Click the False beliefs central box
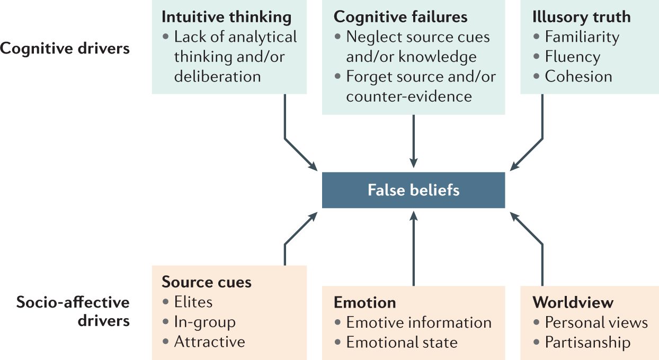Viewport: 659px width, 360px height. pos(413,190)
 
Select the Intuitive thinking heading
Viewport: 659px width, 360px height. pos(226,17)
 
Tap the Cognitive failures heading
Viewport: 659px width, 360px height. pos(400,17)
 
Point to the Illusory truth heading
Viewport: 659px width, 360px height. pos(581,17)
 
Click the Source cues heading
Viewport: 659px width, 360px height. pos(207,282)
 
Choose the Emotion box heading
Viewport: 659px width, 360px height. pos(364,302)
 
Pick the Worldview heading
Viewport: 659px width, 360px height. pos(573,302)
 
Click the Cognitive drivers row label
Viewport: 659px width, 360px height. pos(65,49)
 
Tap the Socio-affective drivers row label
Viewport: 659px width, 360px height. pos(73,311)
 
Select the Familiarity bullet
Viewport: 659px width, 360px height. pos(582,37)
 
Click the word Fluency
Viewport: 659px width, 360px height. pos(572,57)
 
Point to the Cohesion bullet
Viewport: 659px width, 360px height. pos(578,76)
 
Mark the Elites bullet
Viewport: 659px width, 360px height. pos(193,302)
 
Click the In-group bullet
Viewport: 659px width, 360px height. pos(204,322)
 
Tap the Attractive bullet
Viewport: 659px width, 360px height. pos(209,342)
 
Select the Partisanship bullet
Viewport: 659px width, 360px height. pos(587,343)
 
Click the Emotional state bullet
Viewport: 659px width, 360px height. pos(402,343)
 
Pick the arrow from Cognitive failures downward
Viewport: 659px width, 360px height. pos(413,140)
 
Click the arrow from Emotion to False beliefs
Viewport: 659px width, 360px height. pos(413,249)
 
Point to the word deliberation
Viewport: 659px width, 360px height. pos(217,76)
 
